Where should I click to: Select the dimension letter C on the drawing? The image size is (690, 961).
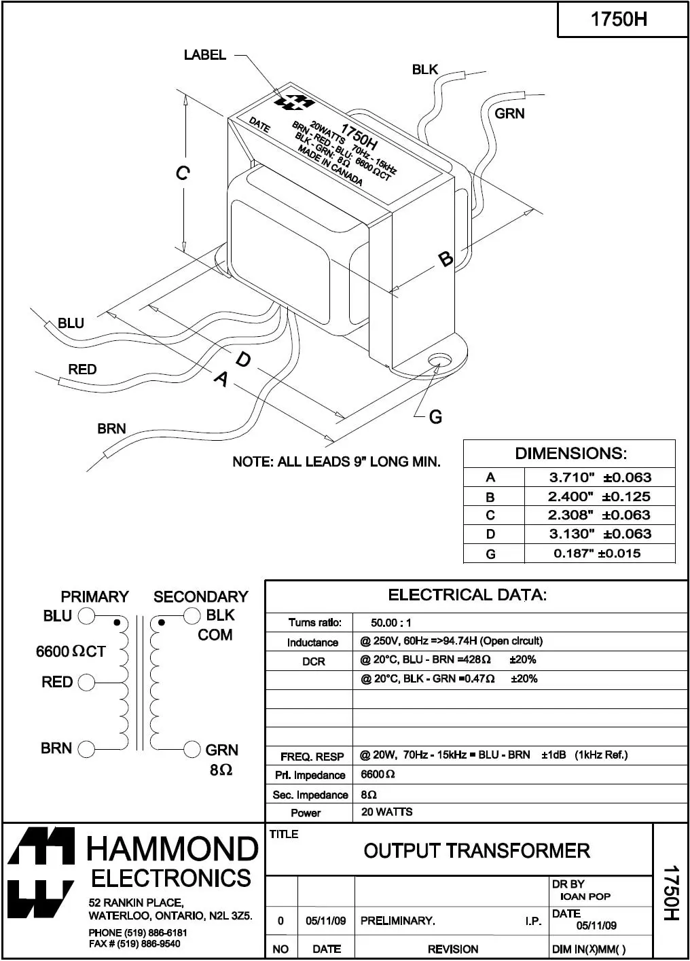tap(182, 174)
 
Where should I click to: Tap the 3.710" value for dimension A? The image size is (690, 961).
tap(571, 477)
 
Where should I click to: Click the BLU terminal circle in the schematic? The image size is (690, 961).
tap(86, 617)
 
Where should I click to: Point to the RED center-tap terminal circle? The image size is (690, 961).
tap(86, 683)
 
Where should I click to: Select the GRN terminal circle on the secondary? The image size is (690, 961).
tap(192, 749)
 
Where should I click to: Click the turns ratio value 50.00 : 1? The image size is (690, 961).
tap(391, 623)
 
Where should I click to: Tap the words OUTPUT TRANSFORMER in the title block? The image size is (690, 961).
tap(477, 850)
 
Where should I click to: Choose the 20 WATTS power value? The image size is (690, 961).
tap(386, 812)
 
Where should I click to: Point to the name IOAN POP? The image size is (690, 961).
tap(585, 896)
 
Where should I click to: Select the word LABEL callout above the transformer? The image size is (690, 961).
tap(204, 55)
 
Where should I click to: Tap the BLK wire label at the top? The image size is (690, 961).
tap(425, 69)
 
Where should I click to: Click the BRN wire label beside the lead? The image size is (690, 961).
tap(111, 429)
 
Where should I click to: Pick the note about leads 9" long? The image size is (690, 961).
tap(336, 462)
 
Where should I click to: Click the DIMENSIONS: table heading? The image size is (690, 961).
tap(570, 453)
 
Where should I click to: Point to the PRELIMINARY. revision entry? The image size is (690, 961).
tap(397, 921)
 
